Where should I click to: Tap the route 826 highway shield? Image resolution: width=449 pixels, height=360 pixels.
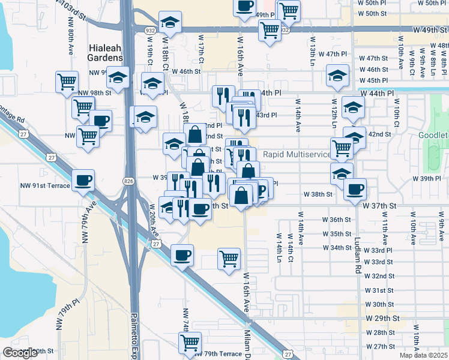pyautogui.click(x=128, y=180)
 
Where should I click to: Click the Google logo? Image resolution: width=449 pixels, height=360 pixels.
pyautogui.click(x=20, y=353)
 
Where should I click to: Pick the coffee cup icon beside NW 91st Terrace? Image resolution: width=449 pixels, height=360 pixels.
pyautogui.click(x=83, y=179)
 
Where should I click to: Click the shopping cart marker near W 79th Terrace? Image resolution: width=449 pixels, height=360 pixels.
pyautogui.click(x=190, y=343)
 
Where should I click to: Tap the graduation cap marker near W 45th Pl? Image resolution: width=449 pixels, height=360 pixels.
pyautogui.click(x=337, y=76)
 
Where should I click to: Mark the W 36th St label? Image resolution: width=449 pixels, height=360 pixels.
pyautogui.click(x=336, y=220)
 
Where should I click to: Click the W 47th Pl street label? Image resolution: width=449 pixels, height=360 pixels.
pyautogui.click(x=333, y=54)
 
